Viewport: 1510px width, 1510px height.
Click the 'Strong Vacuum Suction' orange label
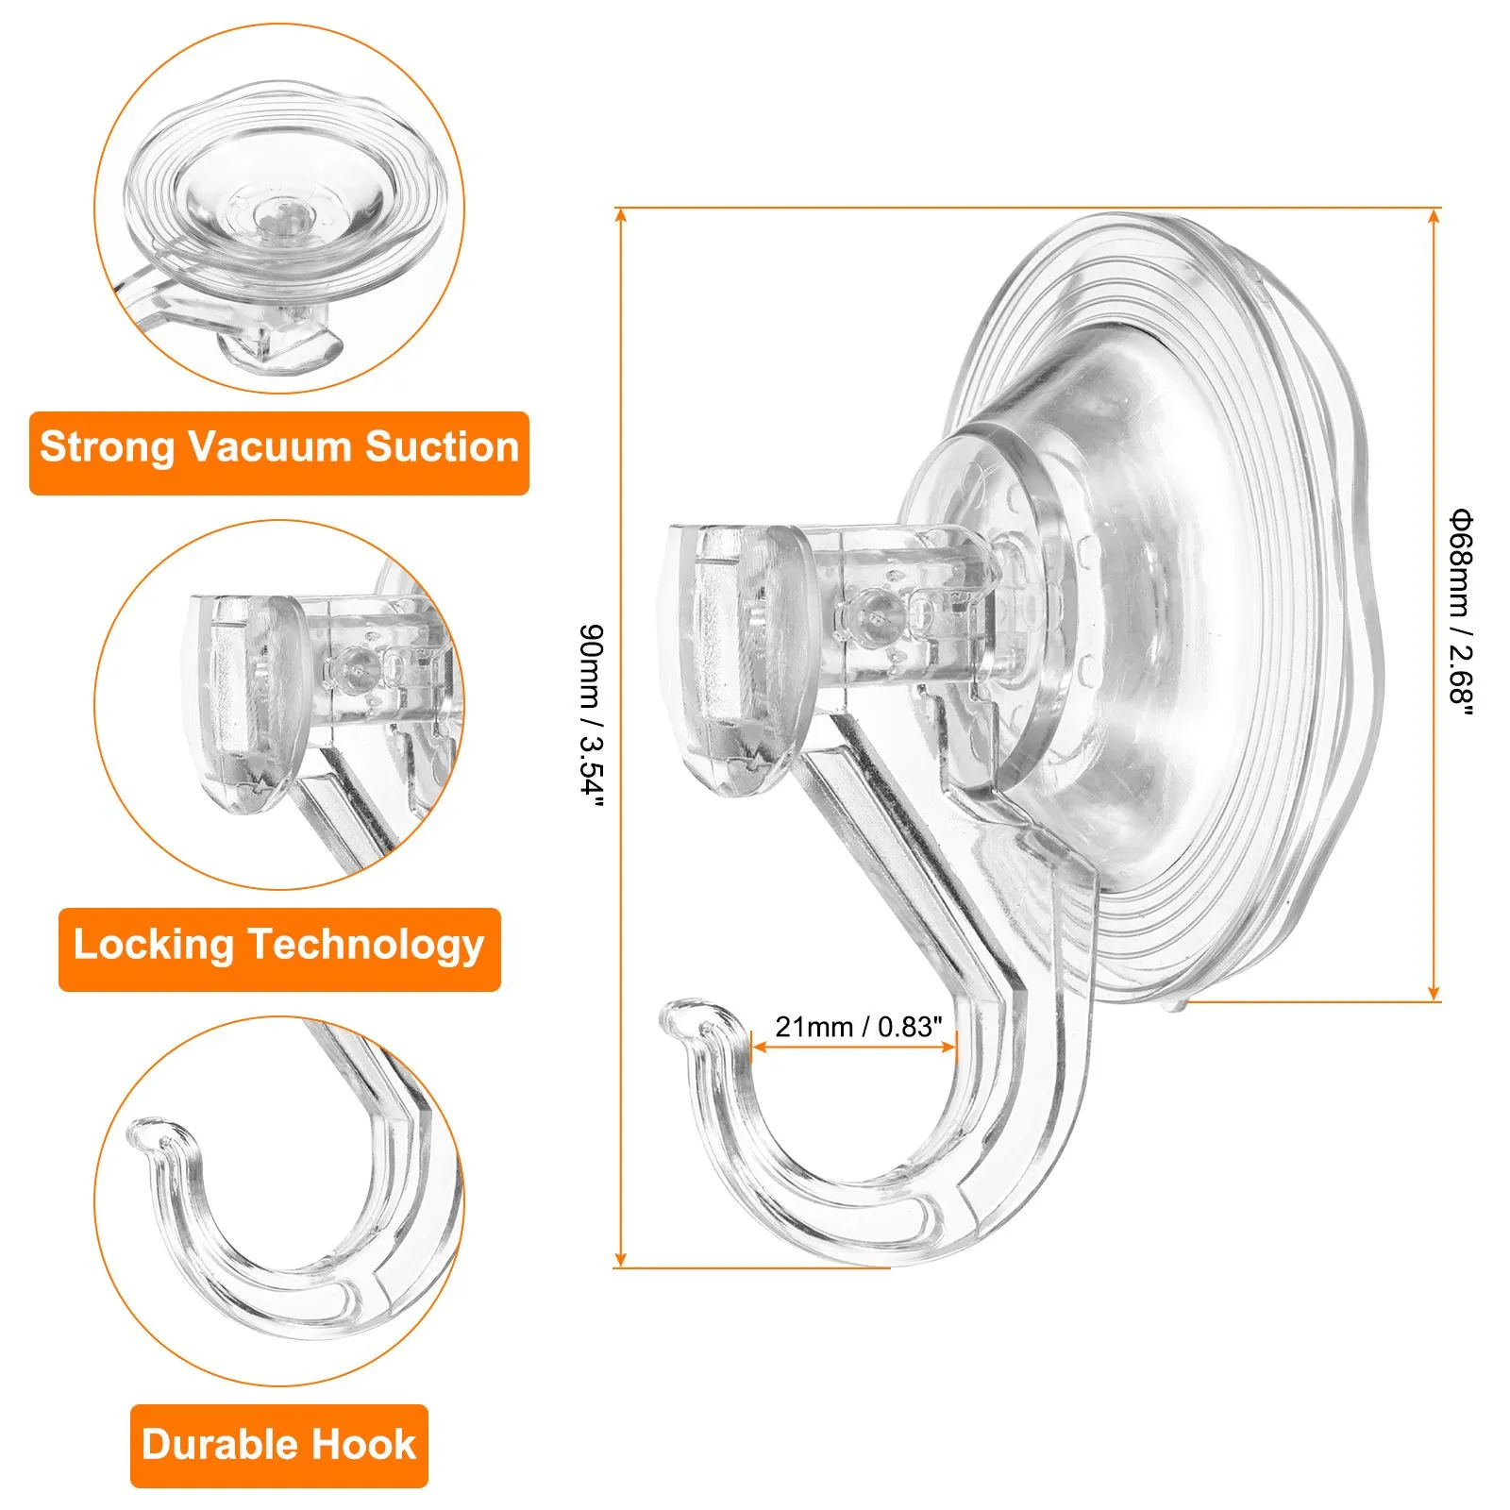[279, 453]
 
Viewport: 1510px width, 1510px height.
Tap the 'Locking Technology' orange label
[279, 949]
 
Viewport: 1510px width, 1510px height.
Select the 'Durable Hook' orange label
[279, 1446]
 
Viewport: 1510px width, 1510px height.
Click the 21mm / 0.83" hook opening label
[859, 1026]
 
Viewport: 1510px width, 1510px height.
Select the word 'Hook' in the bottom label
[364, 1444]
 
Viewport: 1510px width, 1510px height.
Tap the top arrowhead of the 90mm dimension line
[620, 215]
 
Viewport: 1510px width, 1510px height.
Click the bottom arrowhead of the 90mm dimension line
[620, 1258]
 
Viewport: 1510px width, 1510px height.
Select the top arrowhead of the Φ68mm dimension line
[1434, 217]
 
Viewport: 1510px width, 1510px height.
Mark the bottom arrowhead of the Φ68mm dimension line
[1434, 992]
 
